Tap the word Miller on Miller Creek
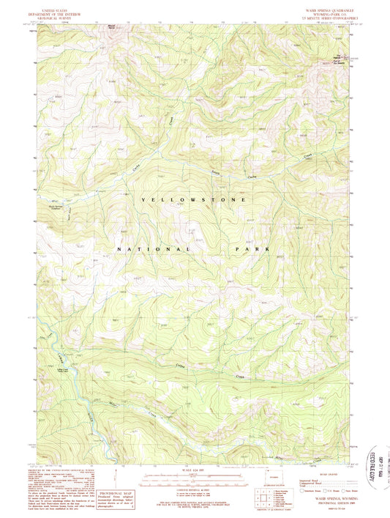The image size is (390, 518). tap(114, 404)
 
